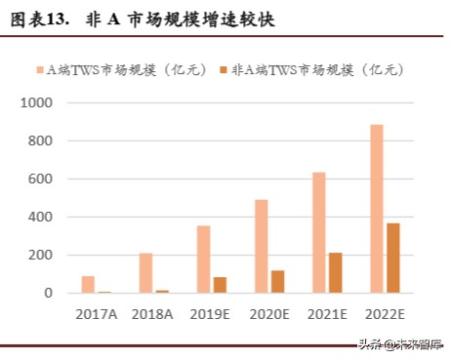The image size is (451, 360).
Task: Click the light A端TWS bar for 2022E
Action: click(x=377, y=209)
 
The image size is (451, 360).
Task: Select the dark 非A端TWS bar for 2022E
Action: click(x=393, y=258)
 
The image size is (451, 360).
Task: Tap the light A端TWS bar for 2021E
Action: click(x=319, y=232)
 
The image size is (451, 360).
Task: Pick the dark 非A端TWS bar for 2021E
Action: click(x=336, y=272)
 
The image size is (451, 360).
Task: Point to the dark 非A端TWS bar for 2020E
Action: click(x=278, y=281)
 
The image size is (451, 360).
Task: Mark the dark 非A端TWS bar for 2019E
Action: click(x=220, y=285)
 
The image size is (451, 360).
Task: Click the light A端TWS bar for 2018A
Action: click(x=145, y=272)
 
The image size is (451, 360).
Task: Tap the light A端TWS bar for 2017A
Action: click(x=88, y=284)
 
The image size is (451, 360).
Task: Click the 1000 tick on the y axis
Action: click(x=38, y=102)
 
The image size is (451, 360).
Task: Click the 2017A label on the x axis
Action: click(x=95, y=313)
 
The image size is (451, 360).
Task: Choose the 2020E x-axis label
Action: click(x=268, y=313)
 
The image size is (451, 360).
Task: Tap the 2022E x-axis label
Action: click(x=385, y=313)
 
